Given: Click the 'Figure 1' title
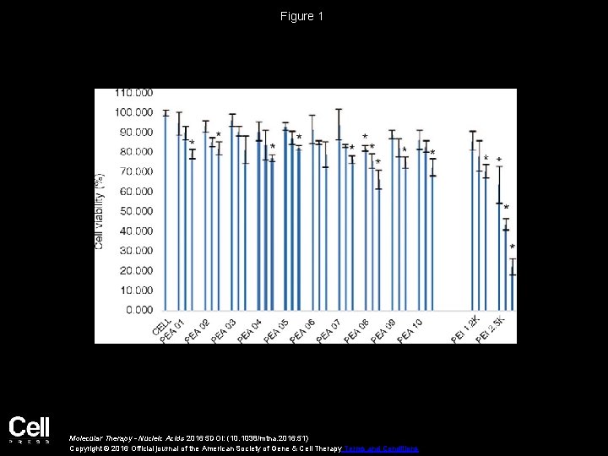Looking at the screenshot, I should (x=303, y=16).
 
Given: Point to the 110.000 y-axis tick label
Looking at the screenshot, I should (x=133, y=92).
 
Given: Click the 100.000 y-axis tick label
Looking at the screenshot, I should (x=133, y=112).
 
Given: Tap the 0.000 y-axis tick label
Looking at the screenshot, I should (x=138, y=310).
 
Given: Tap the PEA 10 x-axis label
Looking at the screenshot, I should (x=410, y=330).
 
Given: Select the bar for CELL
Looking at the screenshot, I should (x=166, y=211).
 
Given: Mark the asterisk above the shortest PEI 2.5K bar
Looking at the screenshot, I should (x=512, y=247).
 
